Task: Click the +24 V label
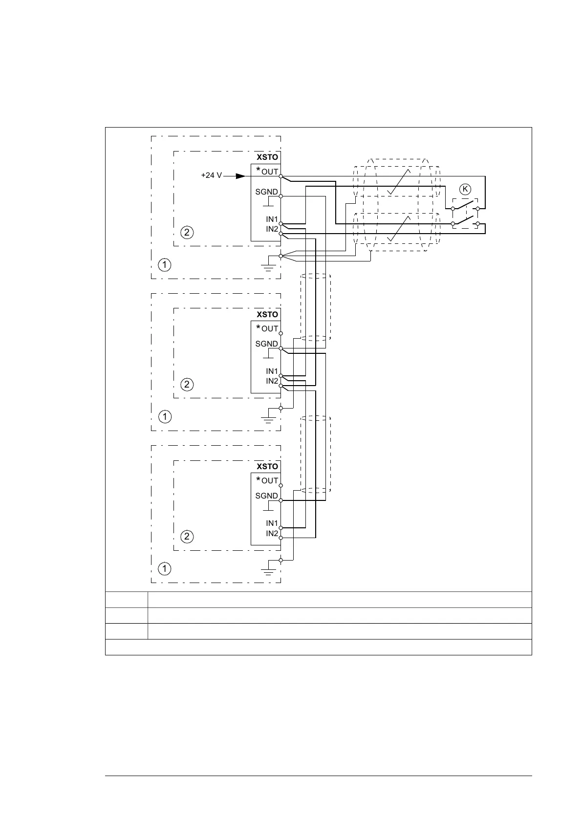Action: pos(211,175)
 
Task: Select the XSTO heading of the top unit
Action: pos(267,157)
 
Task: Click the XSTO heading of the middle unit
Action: pos(267,314)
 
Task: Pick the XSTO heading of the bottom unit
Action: pos(267,467)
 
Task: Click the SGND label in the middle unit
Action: pos(266,344)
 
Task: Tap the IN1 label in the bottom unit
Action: pos(272,523)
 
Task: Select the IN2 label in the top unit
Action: pos(272,229)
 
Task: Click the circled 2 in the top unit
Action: pos(187,232)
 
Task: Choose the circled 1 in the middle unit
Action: pos(165,417)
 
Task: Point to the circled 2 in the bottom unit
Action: pos(187,537)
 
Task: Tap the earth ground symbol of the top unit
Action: pos(267,267)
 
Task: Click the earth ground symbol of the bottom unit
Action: pos(267,571)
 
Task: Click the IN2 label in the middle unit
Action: pos(272,381)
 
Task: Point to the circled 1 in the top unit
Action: pos(165,265)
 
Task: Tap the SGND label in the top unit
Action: pos(266,192)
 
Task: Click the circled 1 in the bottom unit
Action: pos(165,569)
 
